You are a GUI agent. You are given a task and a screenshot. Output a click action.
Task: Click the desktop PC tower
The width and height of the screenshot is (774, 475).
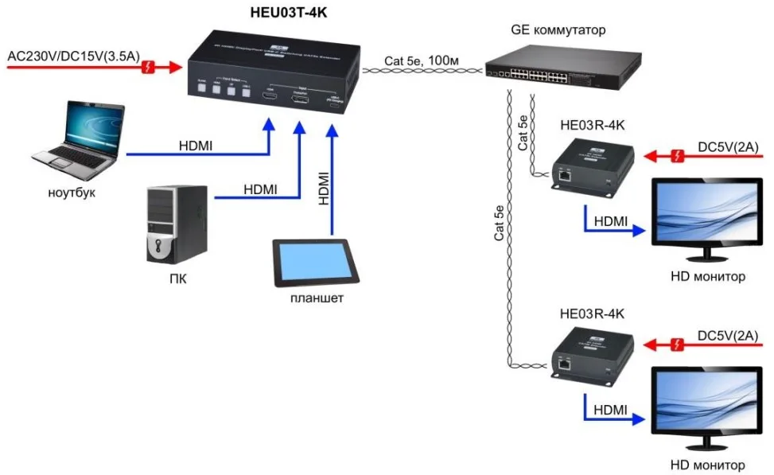[x=178, y=225]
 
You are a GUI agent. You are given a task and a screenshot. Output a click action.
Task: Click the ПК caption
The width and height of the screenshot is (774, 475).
[x=178, y=279]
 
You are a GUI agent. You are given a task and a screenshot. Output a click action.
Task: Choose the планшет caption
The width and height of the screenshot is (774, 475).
[x=317, y=298]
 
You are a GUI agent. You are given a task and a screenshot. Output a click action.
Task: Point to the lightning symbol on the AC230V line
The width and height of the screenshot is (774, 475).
[x=147, y=68]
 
